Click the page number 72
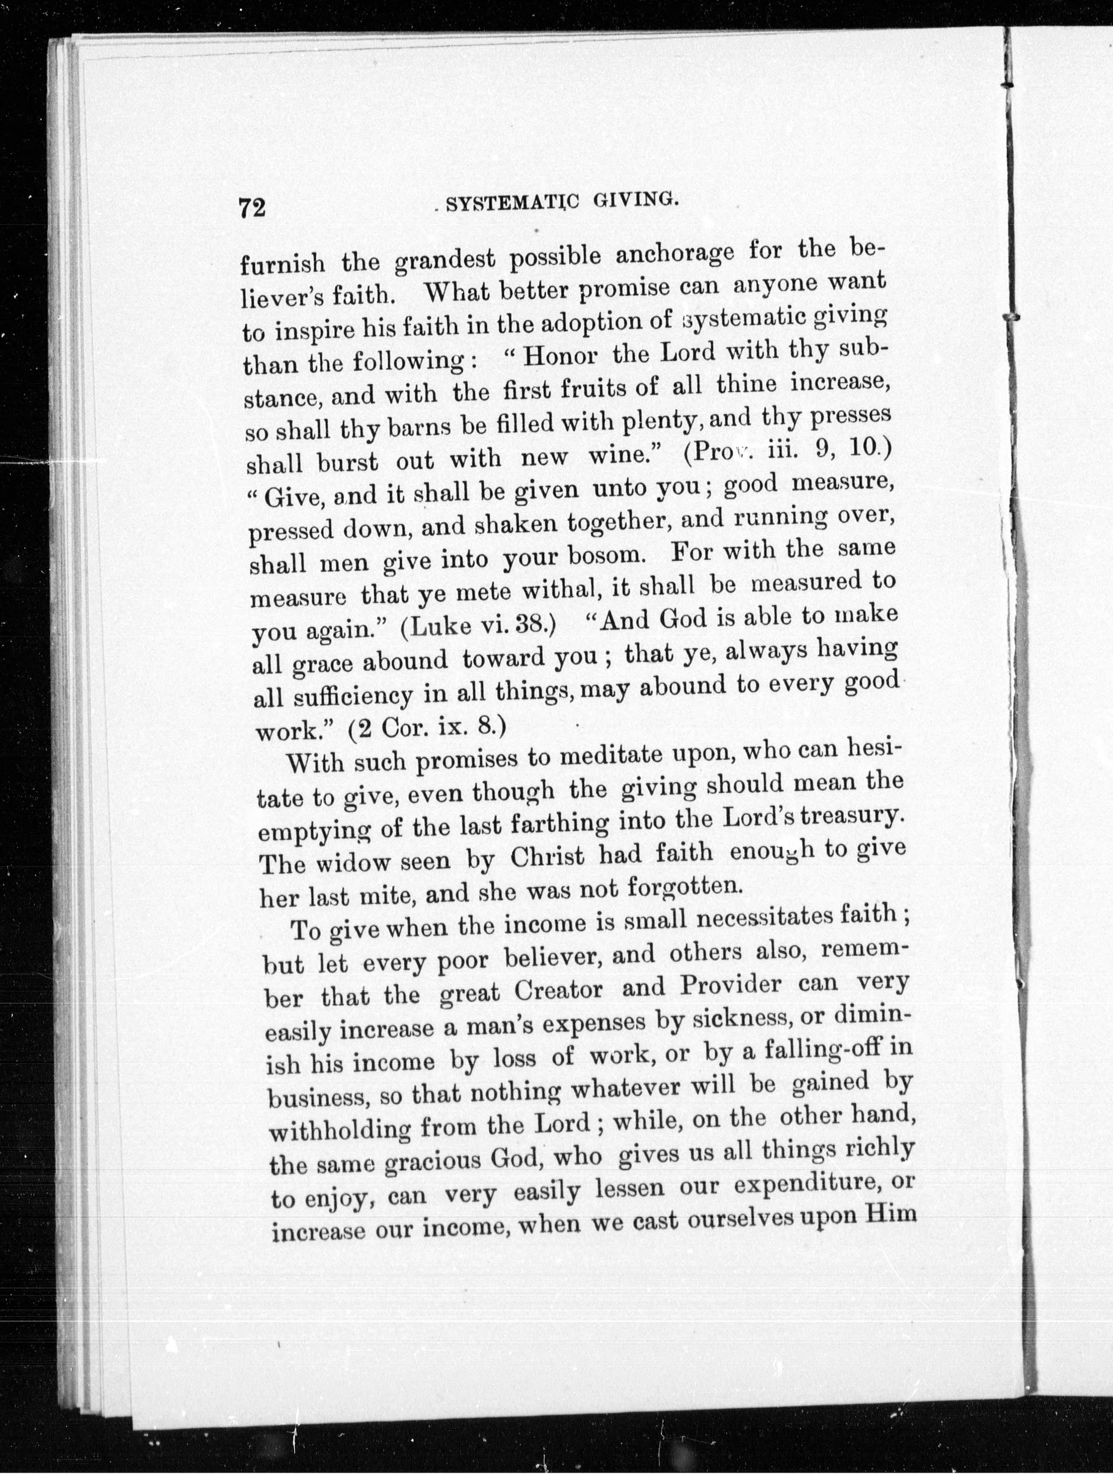(252, 208)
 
